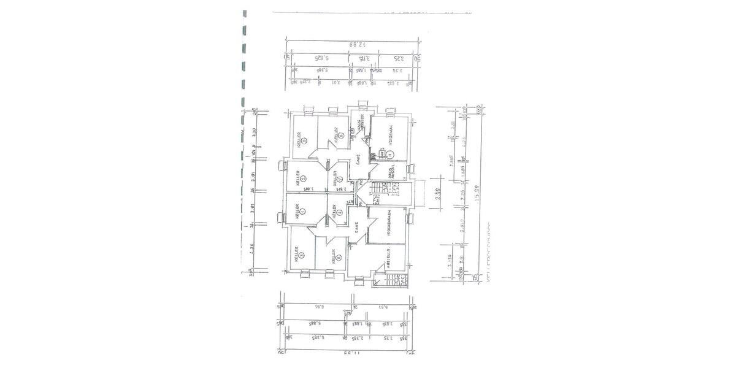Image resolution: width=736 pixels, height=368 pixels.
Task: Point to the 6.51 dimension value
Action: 318,306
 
